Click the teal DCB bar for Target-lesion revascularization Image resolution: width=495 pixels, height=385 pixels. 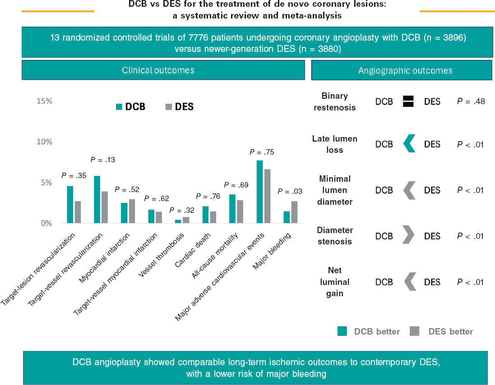(69, 205)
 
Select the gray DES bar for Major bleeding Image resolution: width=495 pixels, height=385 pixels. (294, 212)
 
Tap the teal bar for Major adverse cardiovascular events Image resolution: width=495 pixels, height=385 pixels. (259, 192)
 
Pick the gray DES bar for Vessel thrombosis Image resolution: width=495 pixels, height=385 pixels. (186, 220)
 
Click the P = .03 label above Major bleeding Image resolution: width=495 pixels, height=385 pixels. (290, 192)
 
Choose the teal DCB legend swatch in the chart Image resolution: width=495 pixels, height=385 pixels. (119, 107)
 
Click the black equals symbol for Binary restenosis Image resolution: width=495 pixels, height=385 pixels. (408, 101)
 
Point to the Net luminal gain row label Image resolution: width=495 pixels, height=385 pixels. (337, 282)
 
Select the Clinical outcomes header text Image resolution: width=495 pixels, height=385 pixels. (158, 70)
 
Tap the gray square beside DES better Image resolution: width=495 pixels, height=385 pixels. (414, 331)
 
